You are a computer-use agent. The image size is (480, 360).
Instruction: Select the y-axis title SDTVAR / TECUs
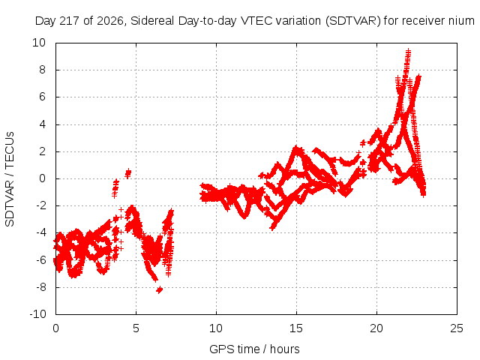(10, 179)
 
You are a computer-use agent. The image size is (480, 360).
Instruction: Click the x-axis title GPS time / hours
(254, 349)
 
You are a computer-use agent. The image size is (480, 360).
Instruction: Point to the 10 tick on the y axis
(39, 43)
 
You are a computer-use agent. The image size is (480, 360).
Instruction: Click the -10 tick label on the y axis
(37, 314)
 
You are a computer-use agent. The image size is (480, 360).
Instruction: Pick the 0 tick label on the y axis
(42, 178)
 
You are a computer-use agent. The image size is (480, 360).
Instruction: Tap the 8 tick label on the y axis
(42, 70)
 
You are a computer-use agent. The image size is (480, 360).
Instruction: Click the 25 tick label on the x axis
(457, 328)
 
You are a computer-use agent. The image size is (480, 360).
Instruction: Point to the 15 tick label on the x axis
(296, 328)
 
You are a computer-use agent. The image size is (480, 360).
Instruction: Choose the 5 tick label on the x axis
(136, 328)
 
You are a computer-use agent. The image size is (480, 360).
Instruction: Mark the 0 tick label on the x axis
(55, 328)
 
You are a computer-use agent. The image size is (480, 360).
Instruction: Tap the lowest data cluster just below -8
(159, 289)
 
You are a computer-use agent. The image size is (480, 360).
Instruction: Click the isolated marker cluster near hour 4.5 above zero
(128, 173)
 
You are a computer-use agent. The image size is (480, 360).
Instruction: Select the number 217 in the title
(70, 21)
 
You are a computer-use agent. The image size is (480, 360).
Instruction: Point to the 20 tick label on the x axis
(376, 328)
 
